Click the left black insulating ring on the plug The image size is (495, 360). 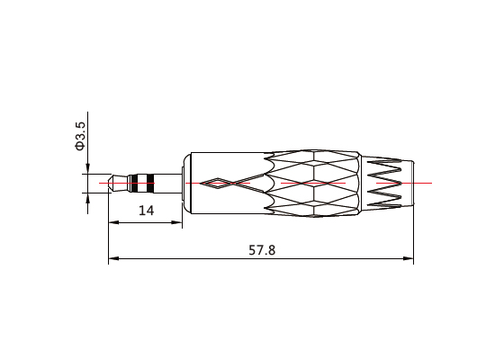(133, 182)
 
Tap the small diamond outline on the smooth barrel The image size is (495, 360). (217, 184)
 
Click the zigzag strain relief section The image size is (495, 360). (387, 183)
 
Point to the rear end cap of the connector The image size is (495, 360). (409, 183)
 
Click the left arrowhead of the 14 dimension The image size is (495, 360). (113, 221)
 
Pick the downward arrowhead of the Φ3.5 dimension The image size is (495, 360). (88, 167)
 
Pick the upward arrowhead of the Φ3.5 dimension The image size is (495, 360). (88, 198)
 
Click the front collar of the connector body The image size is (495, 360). (184, 183)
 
